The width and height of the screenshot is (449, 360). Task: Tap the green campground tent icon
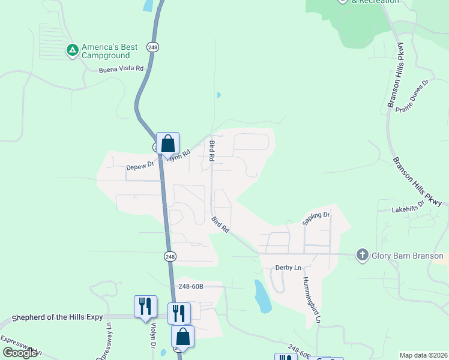pos(72,50)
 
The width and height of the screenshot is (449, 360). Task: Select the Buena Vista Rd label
pos(122,69)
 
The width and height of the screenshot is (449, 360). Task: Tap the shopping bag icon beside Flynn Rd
pos(168,143)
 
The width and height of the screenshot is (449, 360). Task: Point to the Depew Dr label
pos(140,166)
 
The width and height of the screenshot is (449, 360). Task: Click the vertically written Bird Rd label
pos(212,151)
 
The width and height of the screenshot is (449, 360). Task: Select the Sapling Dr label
pos(316,218)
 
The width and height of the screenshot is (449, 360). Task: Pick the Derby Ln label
pos(288,268)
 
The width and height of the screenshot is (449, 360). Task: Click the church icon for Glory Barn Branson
pos(362,255)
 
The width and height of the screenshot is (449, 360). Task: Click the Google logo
pos(20,353)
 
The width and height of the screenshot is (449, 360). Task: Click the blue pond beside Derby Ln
pos(262,298)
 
